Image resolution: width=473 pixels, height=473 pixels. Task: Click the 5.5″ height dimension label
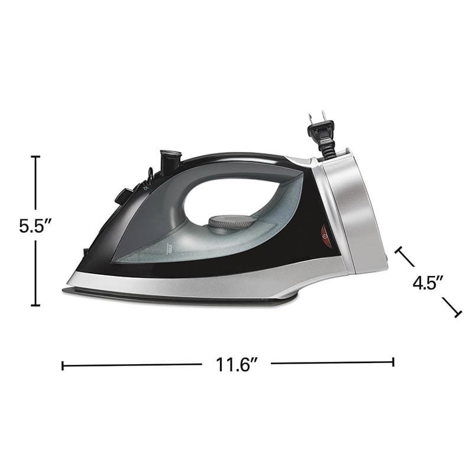(35, 226)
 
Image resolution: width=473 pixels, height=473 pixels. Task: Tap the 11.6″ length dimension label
(237, 364)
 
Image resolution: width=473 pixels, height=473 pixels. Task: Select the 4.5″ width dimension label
(428, 283)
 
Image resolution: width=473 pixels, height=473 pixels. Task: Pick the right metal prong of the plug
(323, 115)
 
